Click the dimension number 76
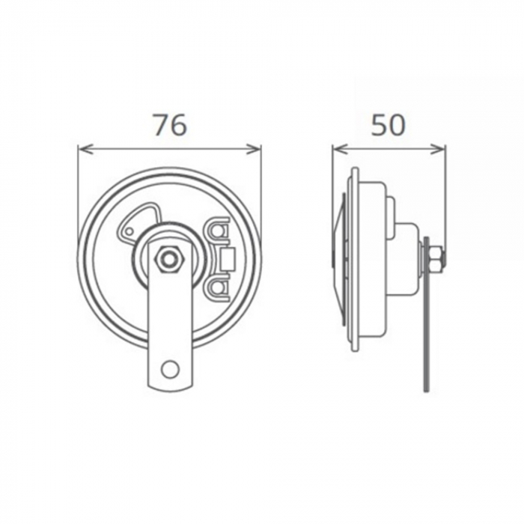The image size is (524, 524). [169, 126]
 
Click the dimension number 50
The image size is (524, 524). [389, 126]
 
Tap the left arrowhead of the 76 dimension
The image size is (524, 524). [82, 148]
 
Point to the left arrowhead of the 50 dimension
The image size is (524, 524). [338, 148]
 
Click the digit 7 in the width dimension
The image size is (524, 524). [159, 126]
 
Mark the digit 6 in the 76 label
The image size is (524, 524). [179, 126]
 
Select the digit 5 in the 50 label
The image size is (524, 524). [379, 126]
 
